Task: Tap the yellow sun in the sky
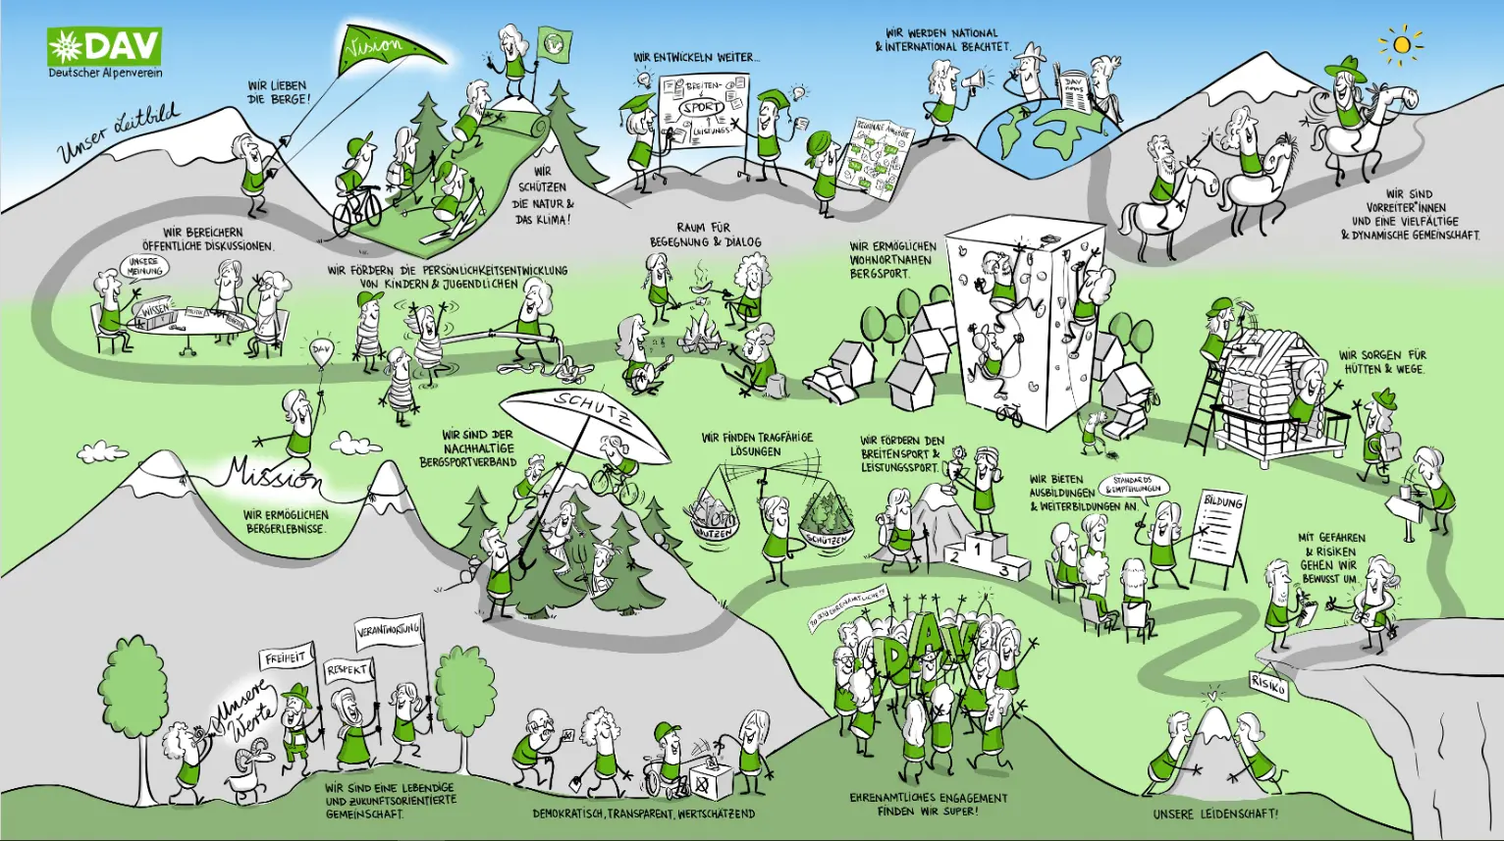click(x=1401, y=45)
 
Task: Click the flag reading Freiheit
click(x=286, y=657)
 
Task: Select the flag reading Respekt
click(x=349, y=670)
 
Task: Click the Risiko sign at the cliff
click(x=1267, y=684)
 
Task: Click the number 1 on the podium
click(x=982, y=545)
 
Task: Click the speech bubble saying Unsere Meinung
click(x=144, y=266)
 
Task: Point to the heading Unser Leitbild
click(x=118, y=132)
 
